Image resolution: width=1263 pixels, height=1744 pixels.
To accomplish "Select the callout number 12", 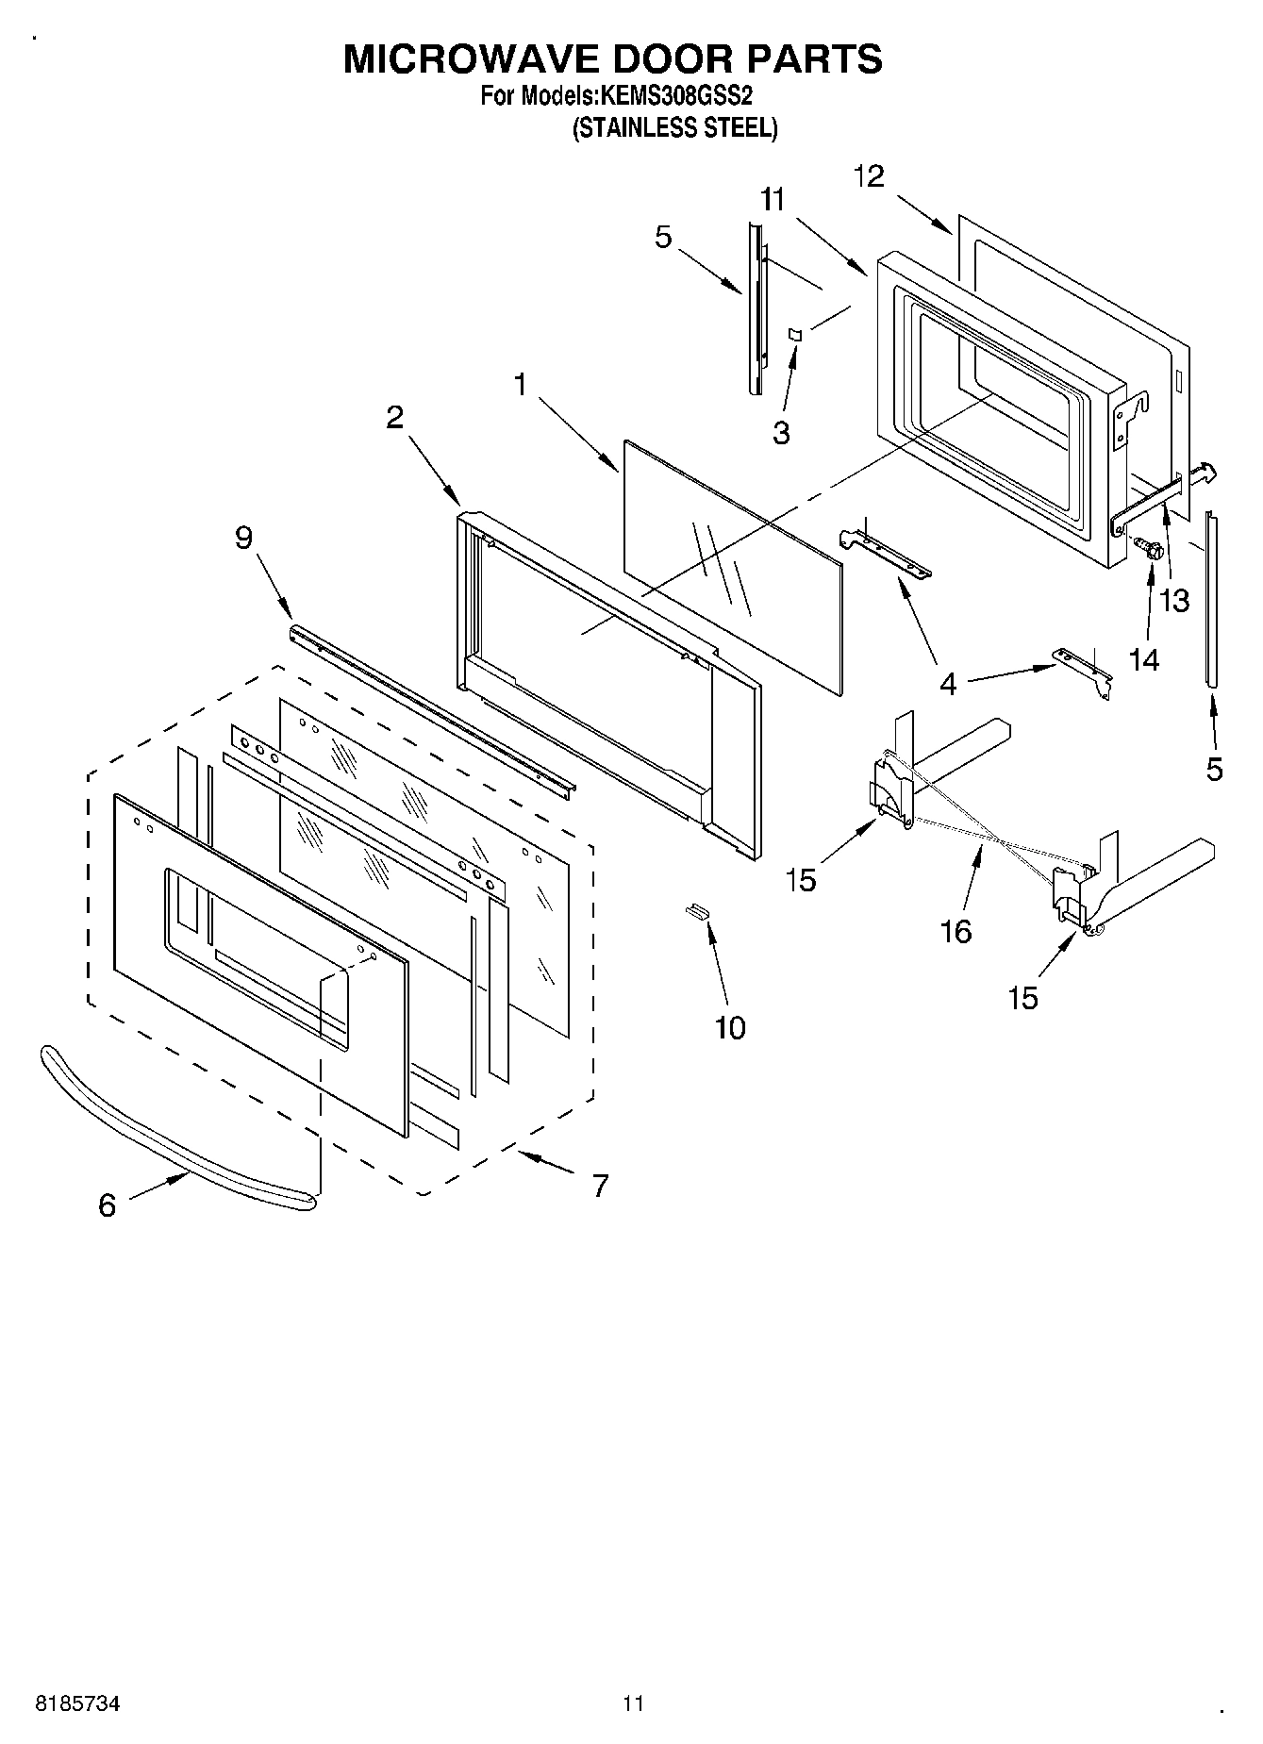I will [x=870, y=176].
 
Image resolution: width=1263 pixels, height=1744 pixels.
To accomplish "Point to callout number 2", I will [x=394, y=417].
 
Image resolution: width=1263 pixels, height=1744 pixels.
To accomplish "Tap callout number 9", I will [x=243, y=538].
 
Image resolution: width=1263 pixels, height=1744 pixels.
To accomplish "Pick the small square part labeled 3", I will [x=794, y=334].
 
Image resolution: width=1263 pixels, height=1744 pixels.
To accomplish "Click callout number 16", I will [x=956, y=932].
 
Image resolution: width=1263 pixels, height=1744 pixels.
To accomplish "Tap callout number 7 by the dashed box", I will [x=600, y=1185].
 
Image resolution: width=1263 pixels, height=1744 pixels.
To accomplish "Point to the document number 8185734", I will [x=77, y=1703].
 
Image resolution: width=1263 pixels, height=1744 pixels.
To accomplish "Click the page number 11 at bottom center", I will [x=633, y=1703].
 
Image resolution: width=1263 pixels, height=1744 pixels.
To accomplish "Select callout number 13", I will [x=1174, y=600].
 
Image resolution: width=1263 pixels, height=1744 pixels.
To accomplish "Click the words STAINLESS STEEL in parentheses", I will [x=675, y=129].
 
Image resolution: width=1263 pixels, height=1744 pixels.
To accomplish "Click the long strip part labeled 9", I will [x=434, y=707].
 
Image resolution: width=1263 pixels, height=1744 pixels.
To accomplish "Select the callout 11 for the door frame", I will [x=773, y=200].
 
